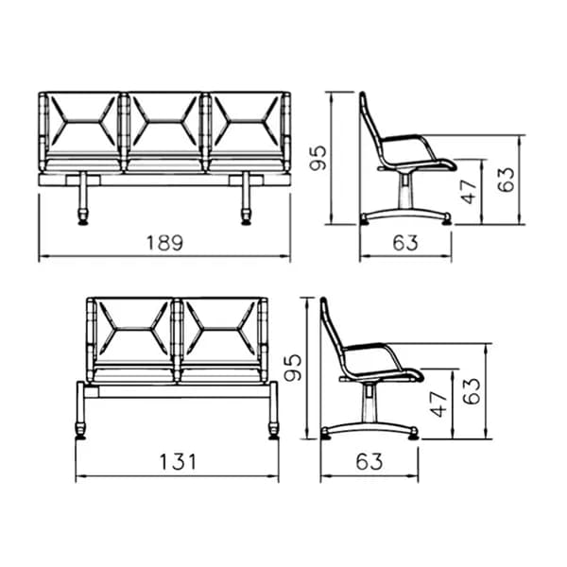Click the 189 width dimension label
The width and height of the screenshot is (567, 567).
pyautogui.click(x=164, y=243)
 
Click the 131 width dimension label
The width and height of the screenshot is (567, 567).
pyautogui.click(x=178, y=462)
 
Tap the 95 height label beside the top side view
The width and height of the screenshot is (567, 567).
pyautogui.click(x=318, y=158)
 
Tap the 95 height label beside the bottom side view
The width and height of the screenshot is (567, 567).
pyautogui.click(x=293, y=368)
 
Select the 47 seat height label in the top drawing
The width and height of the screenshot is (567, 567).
pyautogui.click(x=469, y=191)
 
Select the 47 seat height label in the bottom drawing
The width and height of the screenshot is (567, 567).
pyautogui.click(x=438, y=404)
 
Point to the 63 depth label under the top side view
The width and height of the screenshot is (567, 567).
pyautogui.click(x=405, y=243)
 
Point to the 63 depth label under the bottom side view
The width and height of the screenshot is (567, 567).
pyautogui.click(x=369, y=462)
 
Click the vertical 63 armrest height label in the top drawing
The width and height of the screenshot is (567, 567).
pyautogui.click(x=506, y=180)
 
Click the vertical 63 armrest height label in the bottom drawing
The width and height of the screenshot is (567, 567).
pyautogui.click(x=472, y=391)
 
